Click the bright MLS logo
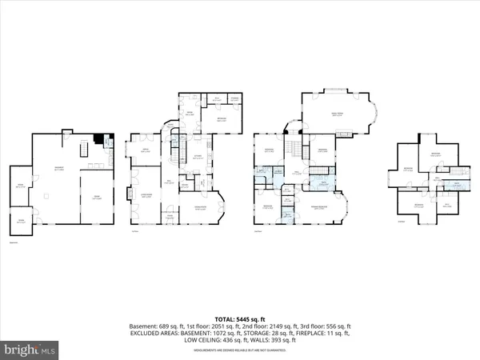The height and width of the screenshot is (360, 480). click(31, 349)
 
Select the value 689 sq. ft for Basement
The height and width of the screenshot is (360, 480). click(165, 326)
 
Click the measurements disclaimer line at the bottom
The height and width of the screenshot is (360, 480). click(240, 347)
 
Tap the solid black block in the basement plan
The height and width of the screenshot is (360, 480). click(98, 138)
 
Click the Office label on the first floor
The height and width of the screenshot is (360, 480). click(146, 151)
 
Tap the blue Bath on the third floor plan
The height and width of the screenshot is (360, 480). click(457, 183)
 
